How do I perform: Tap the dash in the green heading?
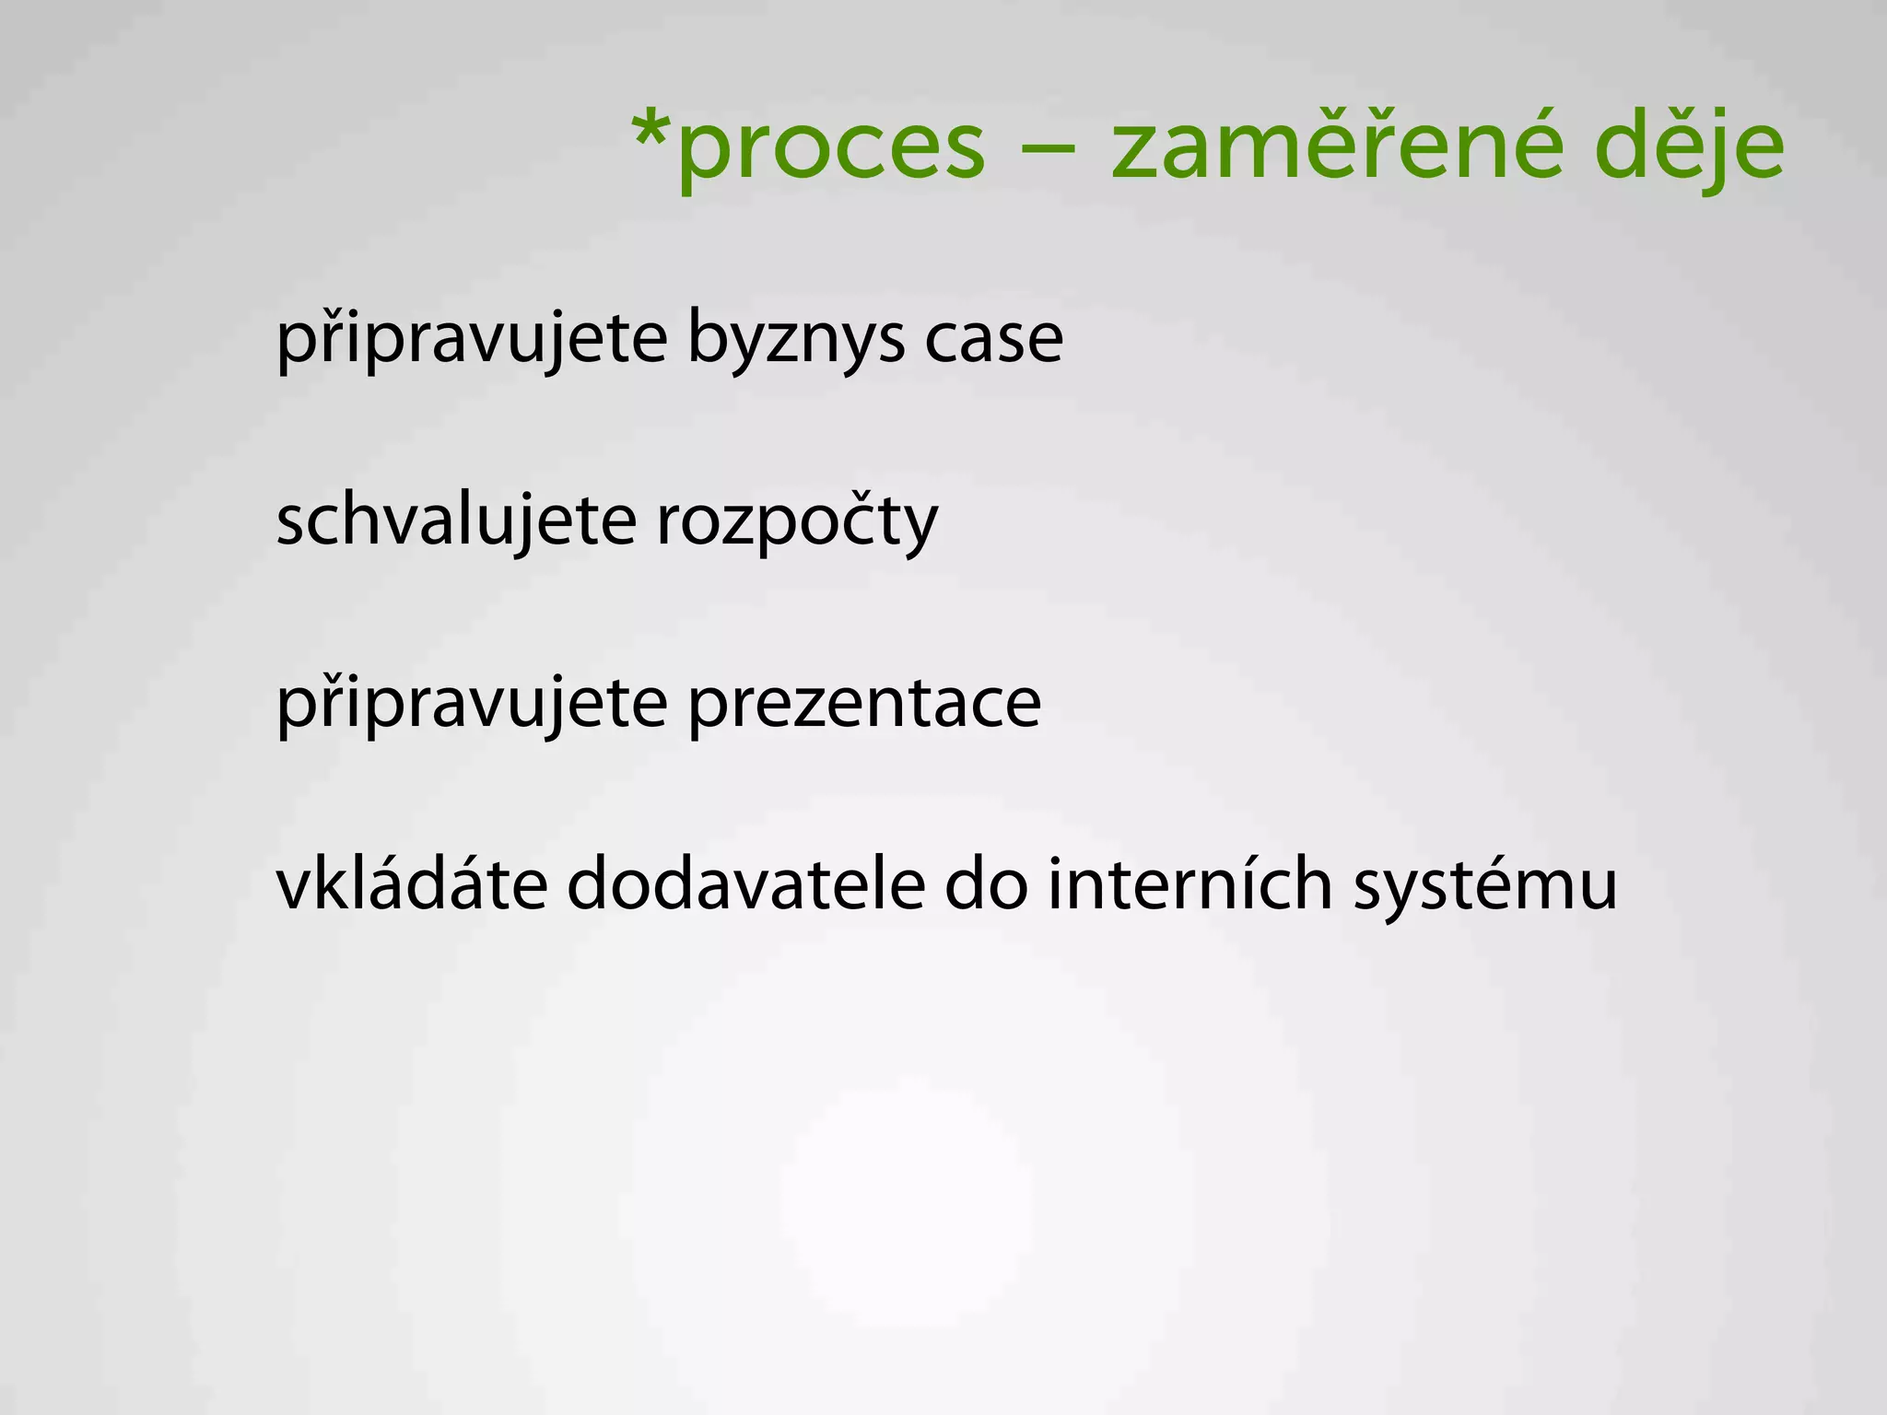(1048, 147)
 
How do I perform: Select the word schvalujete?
(456, 521)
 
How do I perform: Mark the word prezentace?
(864, 705)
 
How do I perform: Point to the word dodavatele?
(745, 884)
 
